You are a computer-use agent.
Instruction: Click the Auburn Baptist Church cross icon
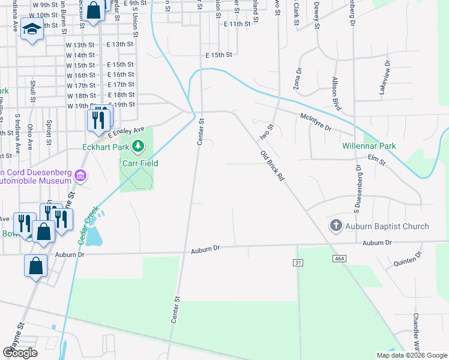click(336, 226)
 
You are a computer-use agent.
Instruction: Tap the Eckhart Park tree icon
click(139, 146)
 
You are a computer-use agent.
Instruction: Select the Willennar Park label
click(369, 146)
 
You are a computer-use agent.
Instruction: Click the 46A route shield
click(339, 258)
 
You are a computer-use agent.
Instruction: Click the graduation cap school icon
click(31, 28)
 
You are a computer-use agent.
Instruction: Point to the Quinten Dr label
click(408, 258)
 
